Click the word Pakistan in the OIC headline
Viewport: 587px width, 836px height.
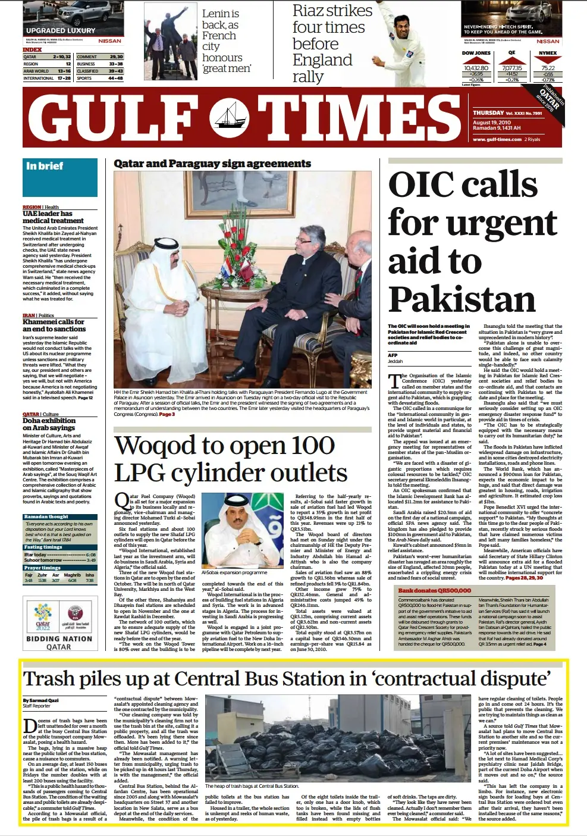point(462,299)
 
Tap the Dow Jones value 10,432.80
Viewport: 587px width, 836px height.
point(475,68)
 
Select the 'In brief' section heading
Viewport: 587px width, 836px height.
point(45,167)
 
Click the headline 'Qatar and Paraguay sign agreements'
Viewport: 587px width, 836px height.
point(212,164)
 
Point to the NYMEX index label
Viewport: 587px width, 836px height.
point(548,53)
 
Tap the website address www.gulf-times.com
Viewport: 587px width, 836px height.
point(497,139)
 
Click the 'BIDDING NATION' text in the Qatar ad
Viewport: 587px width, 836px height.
point(59,638)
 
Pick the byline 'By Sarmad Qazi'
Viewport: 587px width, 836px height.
point(41,700)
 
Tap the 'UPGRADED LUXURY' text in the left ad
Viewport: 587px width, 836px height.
point(61,30)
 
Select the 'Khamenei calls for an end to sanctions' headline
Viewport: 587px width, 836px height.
point(54,325)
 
